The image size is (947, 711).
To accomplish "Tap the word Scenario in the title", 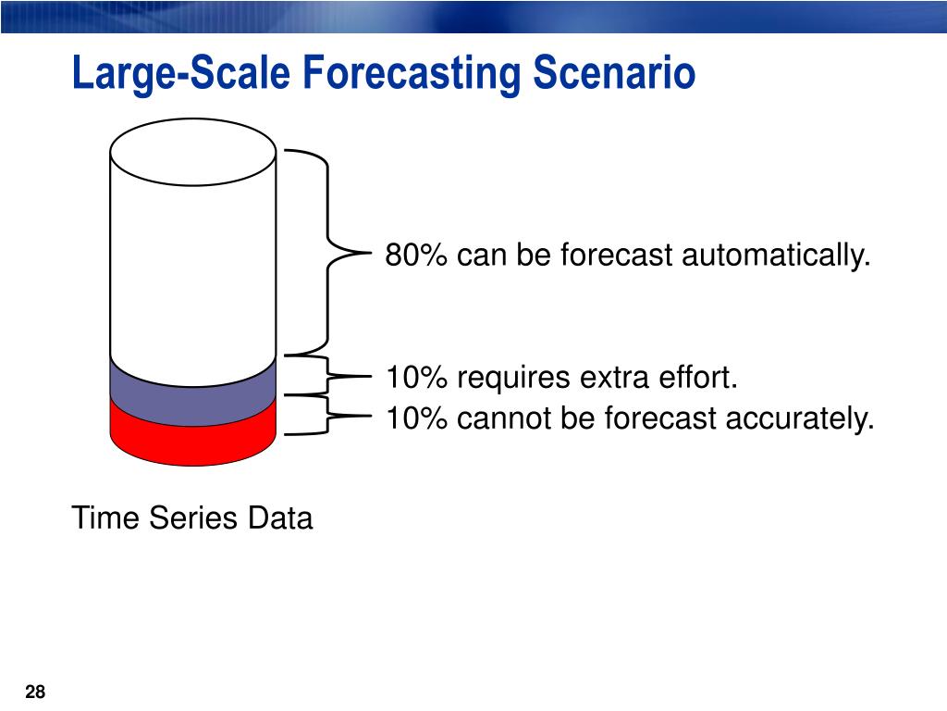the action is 614,72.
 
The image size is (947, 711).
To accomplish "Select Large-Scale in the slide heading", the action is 181,74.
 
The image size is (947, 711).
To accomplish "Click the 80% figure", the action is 416,255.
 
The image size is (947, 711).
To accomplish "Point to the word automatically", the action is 776,256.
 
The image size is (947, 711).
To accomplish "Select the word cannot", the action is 504,418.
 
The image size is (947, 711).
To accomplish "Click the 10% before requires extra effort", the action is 416,378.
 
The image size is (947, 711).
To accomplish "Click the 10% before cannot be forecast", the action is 416,418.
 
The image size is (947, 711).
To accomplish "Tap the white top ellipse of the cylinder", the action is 193,152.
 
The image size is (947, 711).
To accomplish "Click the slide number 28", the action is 35,692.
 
